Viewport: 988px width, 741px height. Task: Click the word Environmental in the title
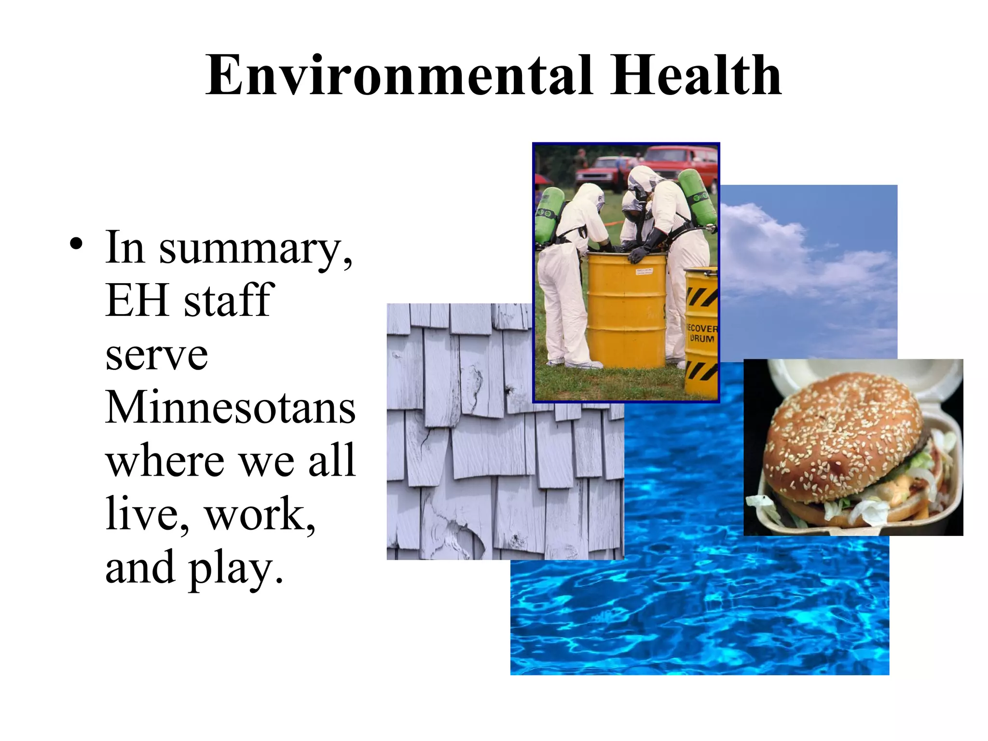tap(398, 76)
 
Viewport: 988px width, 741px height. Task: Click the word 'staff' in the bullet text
tap(229, 301)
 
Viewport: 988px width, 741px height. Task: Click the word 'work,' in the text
tap(261, 514)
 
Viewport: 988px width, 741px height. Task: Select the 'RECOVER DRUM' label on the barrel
tap(701, 333)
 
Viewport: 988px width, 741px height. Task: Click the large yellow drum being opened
tap(626, 314)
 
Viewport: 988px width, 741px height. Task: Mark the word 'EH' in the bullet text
tap(136, 301)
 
